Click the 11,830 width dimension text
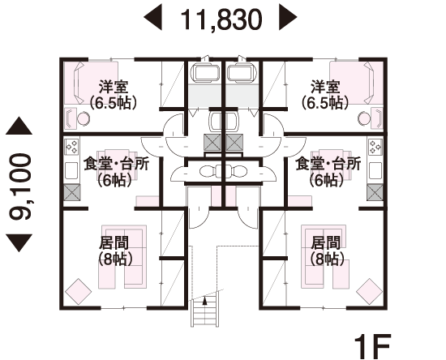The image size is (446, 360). click(221, 19)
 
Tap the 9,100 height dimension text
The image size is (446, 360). click(20, 186)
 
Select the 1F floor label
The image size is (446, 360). click(372, 346)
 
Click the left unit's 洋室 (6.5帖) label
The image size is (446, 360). click(114, 95)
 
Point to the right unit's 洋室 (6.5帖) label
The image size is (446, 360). click(325, 95)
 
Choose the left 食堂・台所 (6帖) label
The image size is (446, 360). click(116, 172)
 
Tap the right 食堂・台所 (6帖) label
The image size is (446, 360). click(328, 172)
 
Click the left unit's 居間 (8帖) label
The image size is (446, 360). click(115, 251)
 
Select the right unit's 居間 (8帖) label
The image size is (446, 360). click(327, 251)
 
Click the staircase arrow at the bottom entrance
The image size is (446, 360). click(204, 301)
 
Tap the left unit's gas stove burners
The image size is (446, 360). click(71, 146)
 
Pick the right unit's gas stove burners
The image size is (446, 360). click(375, 146)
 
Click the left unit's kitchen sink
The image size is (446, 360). click(71, 170)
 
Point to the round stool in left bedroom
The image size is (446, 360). click(84, 118)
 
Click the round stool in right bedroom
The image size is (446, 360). click(364, 118)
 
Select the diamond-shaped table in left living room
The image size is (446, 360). click(78, 292)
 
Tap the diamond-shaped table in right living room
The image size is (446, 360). click(369, 292)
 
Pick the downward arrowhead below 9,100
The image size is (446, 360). click(19, 243)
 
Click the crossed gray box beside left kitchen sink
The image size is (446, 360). click(71, 192)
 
